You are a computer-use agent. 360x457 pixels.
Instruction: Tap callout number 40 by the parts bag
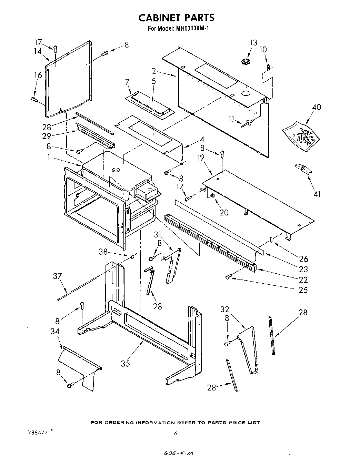[316, 107]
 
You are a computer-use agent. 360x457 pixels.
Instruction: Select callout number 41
[317, 194]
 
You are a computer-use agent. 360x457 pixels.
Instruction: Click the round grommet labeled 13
[246, 61]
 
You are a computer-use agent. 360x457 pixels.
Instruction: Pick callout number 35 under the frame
[125, 363]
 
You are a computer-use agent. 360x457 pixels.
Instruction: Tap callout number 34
[55, 331]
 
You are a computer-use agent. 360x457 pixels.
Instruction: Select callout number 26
[303, 259]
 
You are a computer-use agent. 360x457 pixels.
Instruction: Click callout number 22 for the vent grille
[303, 280]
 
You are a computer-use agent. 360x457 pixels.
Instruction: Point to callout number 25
[303, 290]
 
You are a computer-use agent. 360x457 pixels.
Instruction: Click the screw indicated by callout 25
[228, 277]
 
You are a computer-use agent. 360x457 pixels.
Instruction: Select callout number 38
[103, 252]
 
